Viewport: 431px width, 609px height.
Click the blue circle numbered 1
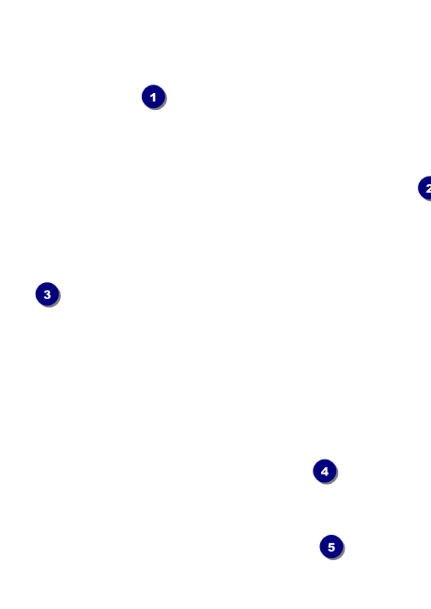coord(154,97)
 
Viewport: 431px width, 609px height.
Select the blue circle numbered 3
coord(47,294)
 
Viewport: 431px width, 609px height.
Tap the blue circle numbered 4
coord(325,471)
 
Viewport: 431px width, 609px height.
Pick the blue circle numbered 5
coord(331,547)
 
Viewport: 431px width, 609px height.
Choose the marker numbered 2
coord(425,188)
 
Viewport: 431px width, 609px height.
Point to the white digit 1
coord(153,97)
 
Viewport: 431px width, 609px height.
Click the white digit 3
coord(47,294)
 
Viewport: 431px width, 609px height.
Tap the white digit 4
coord(325,472)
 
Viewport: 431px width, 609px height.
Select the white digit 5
coord(331,547)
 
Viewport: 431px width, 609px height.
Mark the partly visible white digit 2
coord(428,188)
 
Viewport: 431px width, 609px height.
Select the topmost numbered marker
coord(154,97)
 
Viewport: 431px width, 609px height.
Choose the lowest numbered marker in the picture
coord(331,547)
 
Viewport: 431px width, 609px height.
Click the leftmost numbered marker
coord(47,294)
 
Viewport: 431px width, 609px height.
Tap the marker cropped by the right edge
coord(425,188)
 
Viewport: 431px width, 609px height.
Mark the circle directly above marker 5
coord(325,471)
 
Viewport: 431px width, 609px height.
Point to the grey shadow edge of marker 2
coord(427,200)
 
